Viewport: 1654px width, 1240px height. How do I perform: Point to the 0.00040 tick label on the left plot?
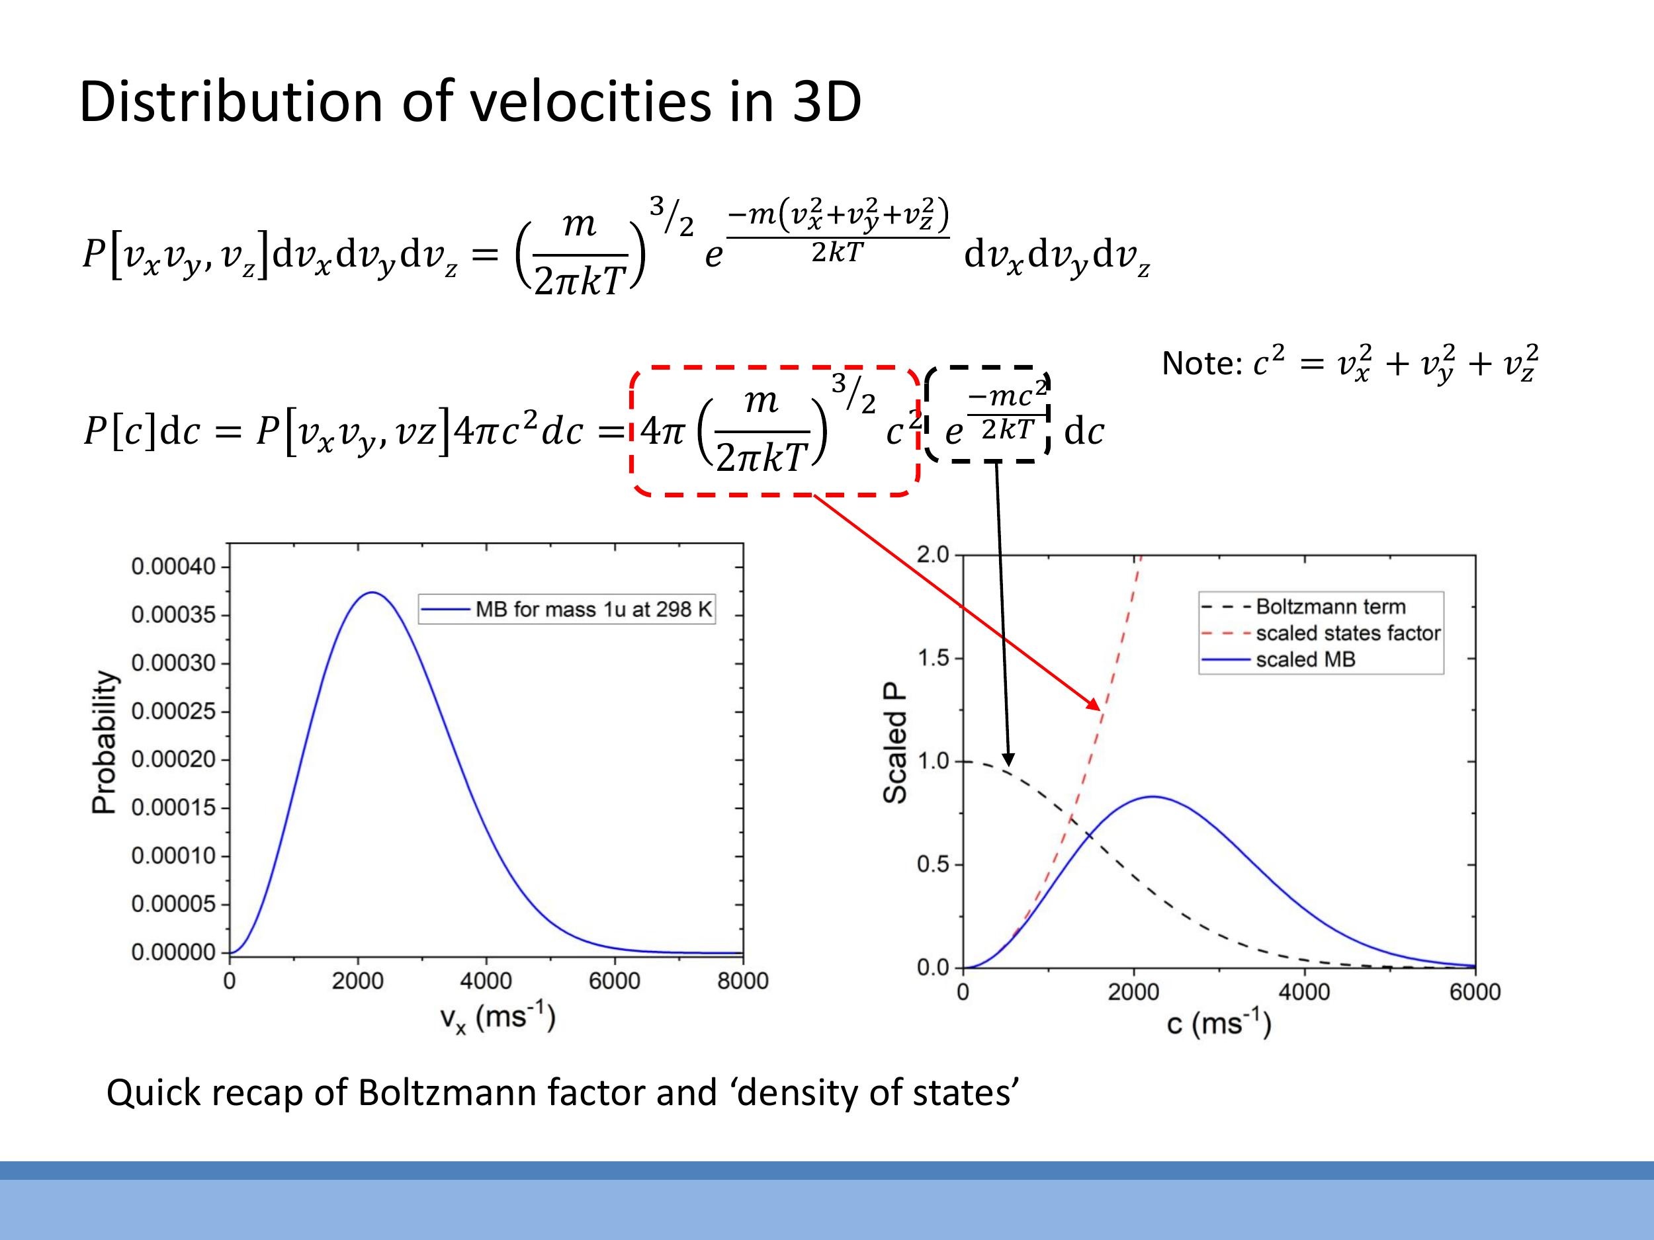point(173,567)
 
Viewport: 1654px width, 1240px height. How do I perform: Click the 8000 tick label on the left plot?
point(742,981)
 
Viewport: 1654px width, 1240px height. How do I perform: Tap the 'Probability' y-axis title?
point(104,741)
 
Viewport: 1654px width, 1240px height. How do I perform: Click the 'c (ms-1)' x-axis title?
point(1219,1022)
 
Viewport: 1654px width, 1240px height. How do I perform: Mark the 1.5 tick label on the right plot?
point(932,658)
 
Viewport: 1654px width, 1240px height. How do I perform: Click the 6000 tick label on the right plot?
point(1475,992)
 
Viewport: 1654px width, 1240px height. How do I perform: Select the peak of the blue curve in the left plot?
point(372,593)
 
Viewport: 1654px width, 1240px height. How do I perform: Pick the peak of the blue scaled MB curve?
point(1153,797)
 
